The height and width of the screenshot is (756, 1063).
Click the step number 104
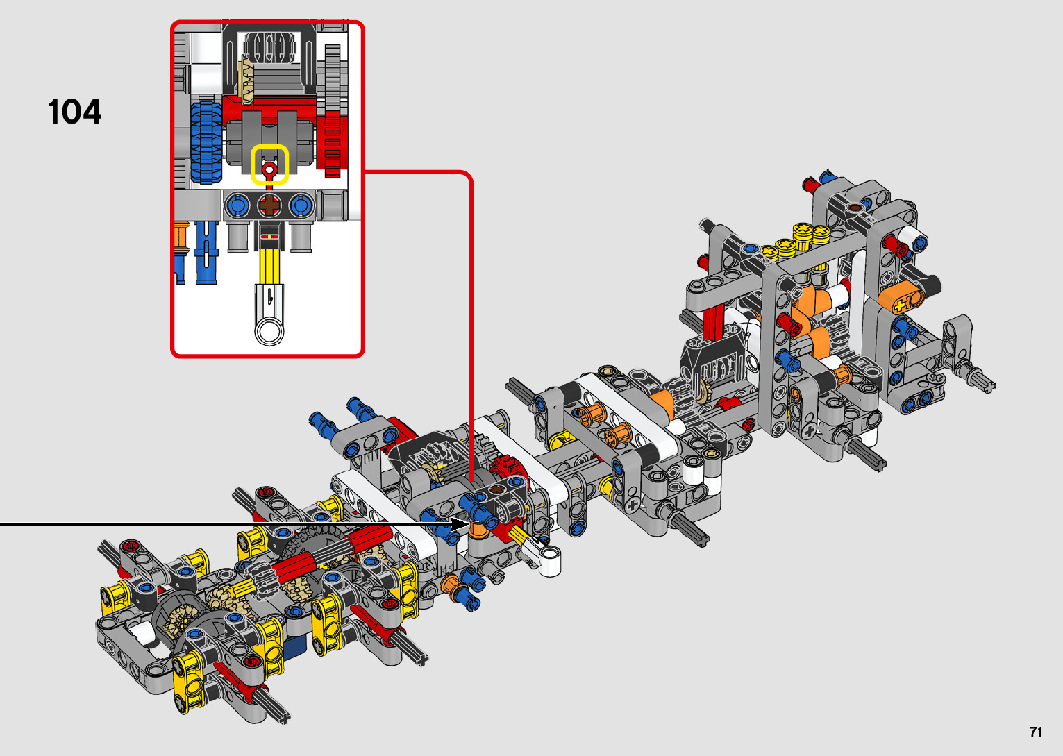(74, 112)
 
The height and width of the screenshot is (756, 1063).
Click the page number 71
(1036, 731)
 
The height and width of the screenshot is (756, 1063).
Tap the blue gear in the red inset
(206, 142)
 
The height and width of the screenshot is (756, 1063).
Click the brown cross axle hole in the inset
(269, 205)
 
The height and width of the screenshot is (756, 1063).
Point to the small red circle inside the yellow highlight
(269, 169)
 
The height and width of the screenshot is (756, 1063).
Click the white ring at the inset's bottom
(269, 330)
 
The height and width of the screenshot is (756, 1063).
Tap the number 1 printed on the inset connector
(270, 298)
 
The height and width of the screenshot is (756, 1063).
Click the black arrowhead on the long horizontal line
(460, 524)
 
